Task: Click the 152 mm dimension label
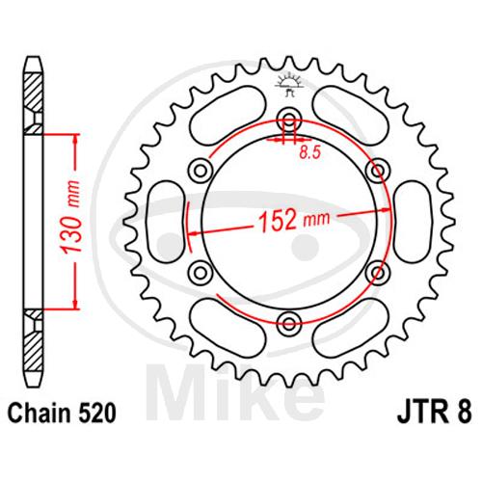[294, 221]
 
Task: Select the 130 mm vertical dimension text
[70, 218]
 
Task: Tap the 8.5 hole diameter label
[310, 153]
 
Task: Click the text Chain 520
[62, 414]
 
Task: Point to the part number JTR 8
[435, 413]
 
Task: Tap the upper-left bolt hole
[201, 170]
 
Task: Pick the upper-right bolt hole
[379, 170]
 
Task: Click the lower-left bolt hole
[201, 273]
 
